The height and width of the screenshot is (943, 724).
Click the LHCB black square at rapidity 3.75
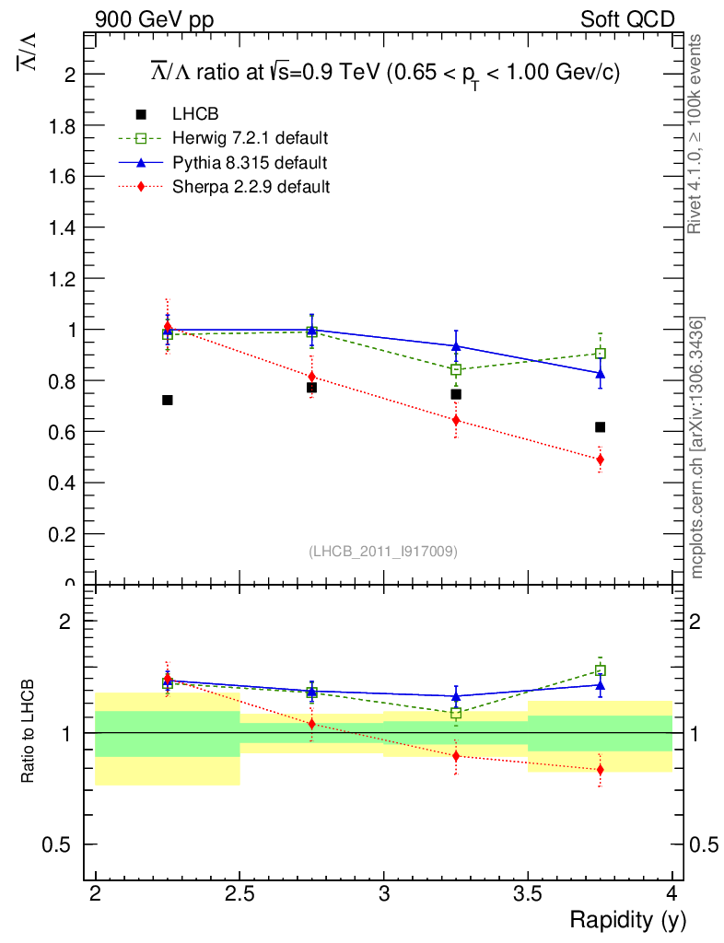600,427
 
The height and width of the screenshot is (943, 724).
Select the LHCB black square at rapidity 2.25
168,400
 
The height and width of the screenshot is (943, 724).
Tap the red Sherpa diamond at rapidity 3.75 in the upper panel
600,460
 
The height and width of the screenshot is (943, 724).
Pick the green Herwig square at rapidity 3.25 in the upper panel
456,370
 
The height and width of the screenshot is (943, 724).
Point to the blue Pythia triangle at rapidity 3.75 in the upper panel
600,374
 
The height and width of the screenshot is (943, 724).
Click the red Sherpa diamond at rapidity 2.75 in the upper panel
312,377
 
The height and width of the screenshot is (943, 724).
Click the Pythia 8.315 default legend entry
249,162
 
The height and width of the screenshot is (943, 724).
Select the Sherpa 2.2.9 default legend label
251,186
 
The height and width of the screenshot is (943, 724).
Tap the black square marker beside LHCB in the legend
141,114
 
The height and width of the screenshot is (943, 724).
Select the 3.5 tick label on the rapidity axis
528,893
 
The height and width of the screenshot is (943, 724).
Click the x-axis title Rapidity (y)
627,919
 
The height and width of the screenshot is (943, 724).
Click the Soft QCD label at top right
627,19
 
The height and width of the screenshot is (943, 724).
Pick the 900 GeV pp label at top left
154,19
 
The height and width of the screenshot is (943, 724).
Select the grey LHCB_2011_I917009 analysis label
382,551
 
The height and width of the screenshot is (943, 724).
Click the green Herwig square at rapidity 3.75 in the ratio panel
600,670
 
